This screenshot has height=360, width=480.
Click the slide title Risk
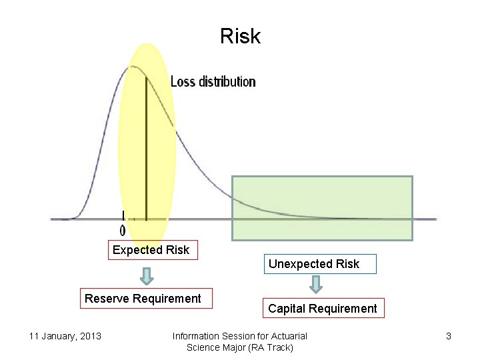(240, 36)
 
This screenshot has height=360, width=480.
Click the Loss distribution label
(213, 81)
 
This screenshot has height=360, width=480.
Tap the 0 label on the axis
(123, 230)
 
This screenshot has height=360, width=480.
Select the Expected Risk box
(151, 250)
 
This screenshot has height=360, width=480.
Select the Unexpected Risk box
(313, 264)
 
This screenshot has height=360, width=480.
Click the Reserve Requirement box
(143, 299)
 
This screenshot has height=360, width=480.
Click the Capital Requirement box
(322, 309)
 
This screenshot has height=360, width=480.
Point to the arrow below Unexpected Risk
(317, 285)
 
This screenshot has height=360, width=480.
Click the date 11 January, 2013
(65, 336)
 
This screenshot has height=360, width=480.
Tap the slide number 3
(449, 336)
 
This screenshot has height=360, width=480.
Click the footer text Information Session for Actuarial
(239, 336)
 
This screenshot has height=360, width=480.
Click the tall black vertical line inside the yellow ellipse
(145, 147)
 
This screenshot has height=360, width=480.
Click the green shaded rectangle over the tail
(322, 207)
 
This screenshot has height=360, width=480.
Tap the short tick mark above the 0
(123, 215)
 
